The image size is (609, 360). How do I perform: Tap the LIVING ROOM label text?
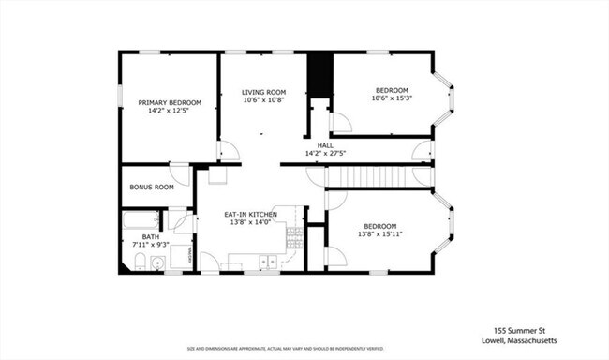263,91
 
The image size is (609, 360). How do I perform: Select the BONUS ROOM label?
152,187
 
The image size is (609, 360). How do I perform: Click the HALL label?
325,145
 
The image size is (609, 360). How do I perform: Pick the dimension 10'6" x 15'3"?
393,97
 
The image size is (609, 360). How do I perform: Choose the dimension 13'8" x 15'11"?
379,234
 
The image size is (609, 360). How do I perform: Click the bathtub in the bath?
141,222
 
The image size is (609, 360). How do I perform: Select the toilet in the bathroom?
139,262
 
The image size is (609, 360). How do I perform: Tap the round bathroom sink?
158,262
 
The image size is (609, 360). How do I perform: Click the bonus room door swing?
179,175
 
